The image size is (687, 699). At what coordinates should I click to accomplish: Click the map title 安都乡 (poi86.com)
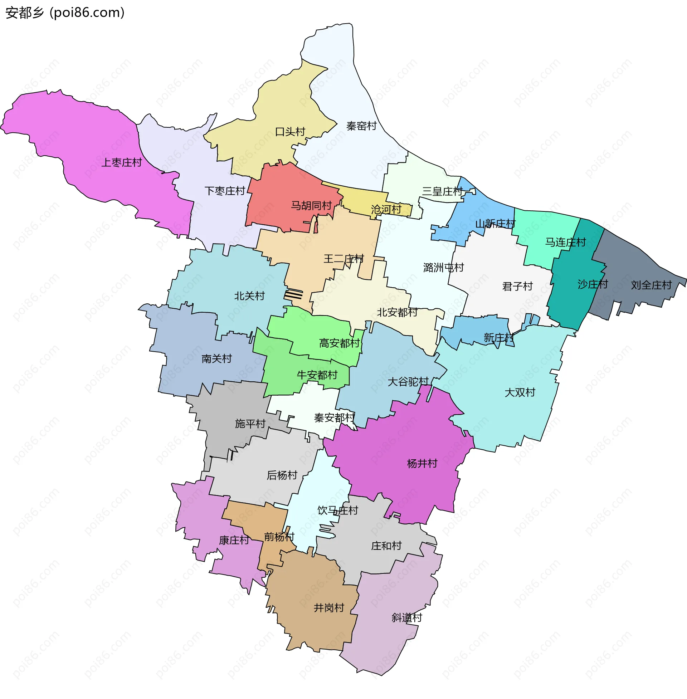click(65, 13)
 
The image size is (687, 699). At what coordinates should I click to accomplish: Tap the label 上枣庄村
click(122, 163)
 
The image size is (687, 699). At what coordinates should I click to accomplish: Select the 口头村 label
click(290, 132)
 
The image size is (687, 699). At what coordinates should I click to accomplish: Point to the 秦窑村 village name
click(361, 126)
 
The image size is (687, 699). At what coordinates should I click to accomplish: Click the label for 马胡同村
click(311, 206)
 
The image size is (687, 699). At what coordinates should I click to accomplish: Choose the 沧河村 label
click(386, 209)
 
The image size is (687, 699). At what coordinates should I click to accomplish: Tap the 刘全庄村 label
click(651, 285)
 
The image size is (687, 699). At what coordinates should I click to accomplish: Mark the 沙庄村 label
click(593, 284)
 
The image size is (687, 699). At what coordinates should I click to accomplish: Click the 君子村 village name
click(517, 287)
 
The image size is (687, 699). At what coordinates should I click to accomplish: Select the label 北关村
click(250, 296)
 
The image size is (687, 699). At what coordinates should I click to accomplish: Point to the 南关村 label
click(216, 358)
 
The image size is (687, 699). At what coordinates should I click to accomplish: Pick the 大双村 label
click(520, 392)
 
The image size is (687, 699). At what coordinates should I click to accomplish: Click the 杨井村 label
click(422, 464)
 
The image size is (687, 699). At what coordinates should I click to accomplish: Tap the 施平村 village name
click(250, 424)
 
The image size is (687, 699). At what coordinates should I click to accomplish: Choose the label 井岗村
click(329, 608)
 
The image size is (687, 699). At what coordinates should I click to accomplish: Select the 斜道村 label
click(407, 618)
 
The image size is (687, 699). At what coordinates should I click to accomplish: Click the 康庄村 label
click(234, 540)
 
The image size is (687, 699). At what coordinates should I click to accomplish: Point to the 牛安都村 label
click(317, 375)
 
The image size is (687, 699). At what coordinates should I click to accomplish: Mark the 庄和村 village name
click(386, 546)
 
